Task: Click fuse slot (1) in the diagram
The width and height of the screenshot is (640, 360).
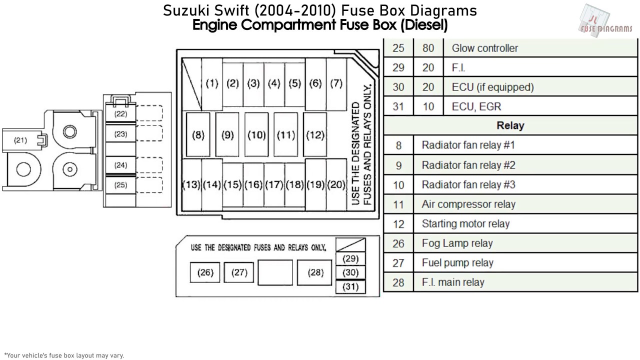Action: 212,83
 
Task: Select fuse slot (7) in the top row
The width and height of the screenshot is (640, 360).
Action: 336,83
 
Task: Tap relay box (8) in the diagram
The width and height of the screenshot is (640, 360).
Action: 198,135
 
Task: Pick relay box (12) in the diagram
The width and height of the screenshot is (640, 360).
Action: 315,135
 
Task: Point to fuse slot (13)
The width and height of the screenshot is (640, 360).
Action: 191,184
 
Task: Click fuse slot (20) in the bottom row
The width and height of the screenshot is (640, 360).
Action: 336,184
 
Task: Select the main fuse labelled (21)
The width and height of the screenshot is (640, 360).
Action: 20,140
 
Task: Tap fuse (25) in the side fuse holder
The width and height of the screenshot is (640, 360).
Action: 120,185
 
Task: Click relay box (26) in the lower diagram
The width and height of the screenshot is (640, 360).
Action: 205,272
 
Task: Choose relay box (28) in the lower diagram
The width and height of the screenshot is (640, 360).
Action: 315,272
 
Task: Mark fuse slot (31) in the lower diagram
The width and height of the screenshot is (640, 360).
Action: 351,286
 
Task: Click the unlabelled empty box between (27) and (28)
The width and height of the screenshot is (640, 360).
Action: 275,272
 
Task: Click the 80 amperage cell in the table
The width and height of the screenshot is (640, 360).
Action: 428,48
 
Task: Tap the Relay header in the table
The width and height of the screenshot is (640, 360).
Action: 510,125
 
